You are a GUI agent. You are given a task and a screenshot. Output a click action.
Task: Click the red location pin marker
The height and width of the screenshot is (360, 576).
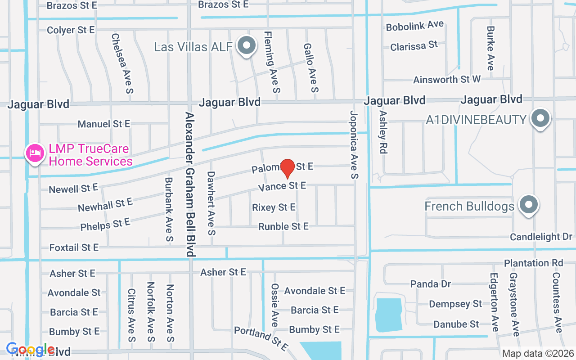288,168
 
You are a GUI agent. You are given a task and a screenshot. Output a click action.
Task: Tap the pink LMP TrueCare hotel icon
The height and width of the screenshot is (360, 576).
35,154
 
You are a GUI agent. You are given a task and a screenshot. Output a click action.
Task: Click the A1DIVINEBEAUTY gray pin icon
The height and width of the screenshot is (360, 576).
540,119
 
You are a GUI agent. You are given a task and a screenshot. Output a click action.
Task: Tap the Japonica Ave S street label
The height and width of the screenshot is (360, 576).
354,145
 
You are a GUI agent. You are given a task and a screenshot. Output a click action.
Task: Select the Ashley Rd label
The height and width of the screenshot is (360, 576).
383,132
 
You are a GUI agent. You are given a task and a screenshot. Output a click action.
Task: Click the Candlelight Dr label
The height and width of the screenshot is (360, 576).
541,237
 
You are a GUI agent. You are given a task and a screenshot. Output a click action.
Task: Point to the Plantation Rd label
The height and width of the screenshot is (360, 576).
533,263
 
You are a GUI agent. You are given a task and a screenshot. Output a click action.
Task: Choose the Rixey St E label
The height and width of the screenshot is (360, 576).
274,207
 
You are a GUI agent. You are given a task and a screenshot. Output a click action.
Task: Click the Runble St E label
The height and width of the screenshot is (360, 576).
283,226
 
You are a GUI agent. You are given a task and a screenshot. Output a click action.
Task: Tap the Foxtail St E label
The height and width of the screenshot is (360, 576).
74,247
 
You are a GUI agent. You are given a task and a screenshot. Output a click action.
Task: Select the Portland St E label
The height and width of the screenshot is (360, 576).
261,339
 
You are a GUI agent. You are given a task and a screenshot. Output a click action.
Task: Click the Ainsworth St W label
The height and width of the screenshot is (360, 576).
447,80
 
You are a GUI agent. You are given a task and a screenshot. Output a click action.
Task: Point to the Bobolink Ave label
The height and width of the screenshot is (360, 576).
415,26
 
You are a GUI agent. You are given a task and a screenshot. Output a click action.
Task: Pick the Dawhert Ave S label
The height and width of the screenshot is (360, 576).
211,203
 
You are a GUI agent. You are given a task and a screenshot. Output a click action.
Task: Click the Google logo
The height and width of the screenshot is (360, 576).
31,350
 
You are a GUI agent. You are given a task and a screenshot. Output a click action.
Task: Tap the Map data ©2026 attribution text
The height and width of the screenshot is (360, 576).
538,353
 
